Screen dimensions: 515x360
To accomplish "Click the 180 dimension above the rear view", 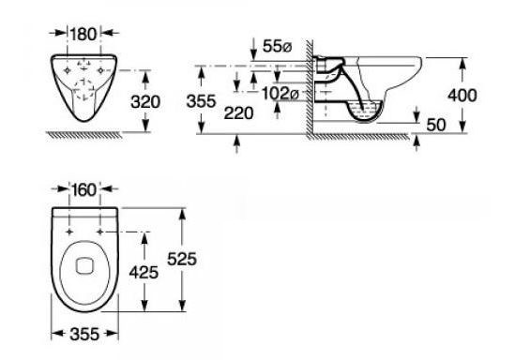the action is (83, 34).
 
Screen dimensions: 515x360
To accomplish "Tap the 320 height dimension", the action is (145, 102).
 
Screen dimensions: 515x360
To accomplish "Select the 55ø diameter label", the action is (277, 47).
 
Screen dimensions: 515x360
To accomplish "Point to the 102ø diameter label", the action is (280, 94).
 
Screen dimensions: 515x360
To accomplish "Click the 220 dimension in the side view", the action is (239, 113).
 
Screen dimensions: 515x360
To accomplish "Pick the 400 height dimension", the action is (462, 96).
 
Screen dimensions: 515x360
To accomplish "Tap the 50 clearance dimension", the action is (436, 125).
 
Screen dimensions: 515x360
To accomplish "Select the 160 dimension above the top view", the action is (84, 190).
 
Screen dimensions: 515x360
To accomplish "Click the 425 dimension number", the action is (144, 273).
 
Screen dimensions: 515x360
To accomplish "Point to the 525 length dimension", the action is (182, 259).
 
